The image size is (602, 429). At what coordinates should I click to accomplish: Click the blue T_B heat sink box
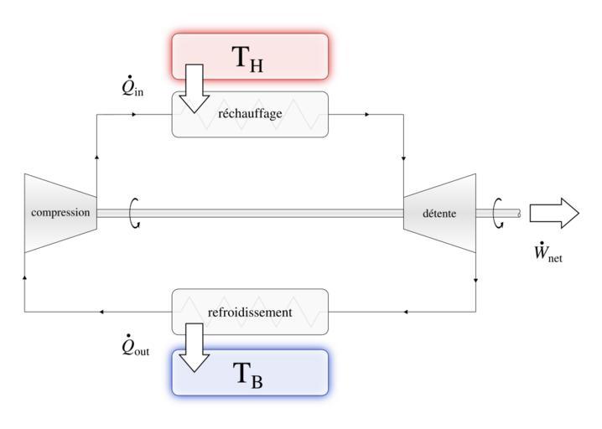pos(250,371)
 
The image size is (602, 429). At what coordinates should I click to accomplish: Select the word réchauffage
pos(250,114)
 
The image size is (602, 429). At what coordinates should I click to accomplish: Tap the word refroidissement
pos(250,313)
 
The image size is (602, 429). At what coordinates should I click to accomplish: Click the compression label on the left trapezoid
pos(60,213)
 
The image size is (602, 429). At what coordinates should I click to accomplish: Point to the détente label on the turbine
pos(440,214)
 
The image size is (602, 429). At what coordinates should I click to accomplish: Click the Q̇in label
pos(132,87)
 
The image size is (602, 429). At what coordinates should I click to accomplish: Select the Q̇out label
pos(135,346)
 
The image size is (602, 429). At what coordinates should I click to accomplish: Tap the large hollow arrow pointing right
pos(553,213)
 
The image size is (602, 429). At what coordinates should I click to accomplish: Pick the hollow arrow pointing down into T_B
pos(198,348)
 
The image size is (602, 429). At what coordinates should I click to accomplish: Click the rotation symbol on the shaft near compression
pos(134,213)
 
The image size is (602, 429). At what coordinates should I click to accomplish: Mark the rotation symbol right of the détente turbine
pos(498,213)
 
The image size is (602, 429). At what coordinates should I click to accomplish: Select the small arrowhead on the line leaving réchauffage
pos(366,113)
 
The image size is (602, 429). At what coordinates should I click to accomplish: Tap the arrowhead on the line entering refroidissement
pos(405,313)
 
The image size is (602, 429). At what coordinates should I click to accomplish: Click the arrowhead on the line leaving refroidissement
pos(101,313)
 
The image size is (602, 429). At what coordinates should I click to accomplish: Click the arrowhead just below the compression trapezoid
pos(24,275)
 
